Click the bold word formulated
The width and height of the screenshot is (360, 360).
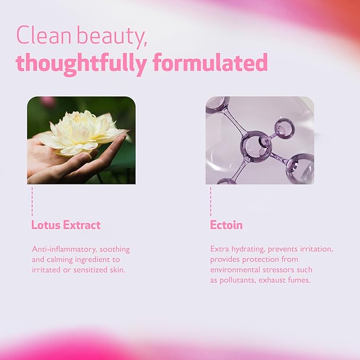pyautogui.click(x=209, y=63)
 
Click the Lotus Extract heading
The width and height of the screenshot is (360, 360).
pyautogui.click(x=66, y=225)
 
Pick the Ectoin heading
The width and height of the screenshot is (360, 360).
pyautogui.click(x=226, y=225)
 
